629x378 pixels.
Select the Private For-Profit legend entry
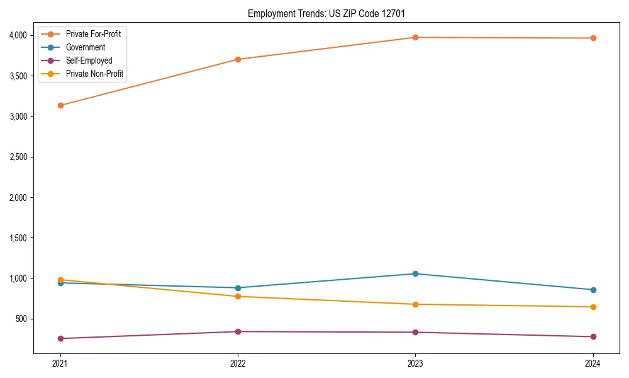pyautogui.click(x=93, y=34)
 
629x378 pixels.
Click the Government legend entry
pyautogui.click(x=85, y=47)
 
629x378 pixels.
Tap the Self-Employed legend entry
pyautogui.click(x=89, y=60)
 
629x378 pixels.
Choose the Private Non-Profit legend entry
pyautogui.click(x=94, y=74)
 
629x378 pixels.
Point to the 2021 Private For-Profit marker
pyautogui.click(x=60, y=105)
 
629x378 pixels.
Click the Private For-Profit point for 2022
pyautogui.click(x=238, y=59)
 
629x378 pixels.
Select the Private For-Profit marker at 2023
pyautogui.click(x=415, y=37)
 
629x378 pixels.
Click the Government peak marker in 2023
pyautogui.click(x=415, y=273)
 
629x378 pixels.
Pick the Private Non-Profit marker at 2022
pyautogui.click(x=238, y=296)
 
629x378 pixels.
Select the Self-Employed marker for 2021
pyautogui.click(x=60, y=338)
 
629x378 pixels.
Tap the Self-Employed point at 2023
pyautogui.click(x=415, y=332)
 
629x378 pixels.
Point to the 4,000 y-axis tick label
pyautogui.click(x=18, y=35)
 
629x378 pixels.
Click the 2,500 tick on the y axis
pyautogui.click(x=18, y=157)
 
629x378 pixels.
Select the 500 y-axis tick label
pyautogui.click(x=22, y=319)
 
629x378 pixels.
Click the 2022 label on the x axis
pyautogui.click(x=238, y=363)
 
